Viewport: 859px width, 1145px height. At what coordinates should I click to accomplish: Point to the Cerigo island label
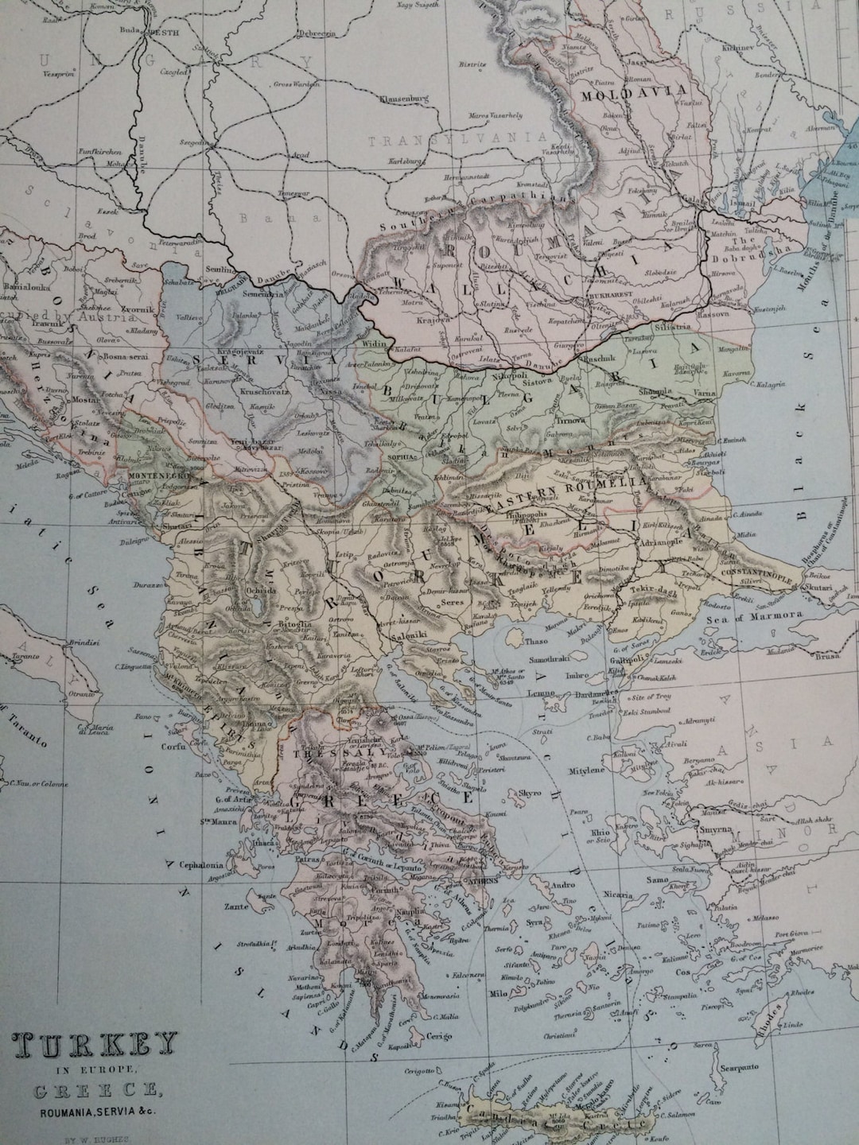[x=437, y=1036]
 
